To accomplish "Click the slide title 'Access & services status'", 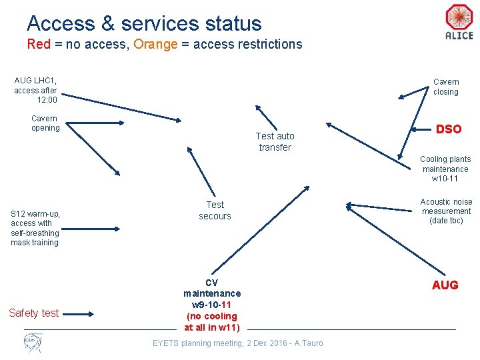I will (x=144, y=23).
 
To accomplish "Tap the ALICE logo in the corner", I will (x=459, y=23).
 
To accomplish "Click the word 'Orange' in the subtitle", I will (x=155, y=45).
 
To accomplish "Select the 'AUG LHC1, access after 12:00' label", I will (x=35, y=90).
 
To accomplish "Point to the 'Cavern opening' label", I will (x=45, y=123).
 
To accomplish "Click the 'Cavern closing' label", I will (x=445, y=87).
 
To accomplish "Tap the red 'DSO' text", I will (x=448, y=129).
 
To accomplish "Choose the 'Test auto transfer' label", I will (x=275, y=141).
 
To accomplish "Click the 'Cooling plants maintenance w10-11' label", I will (x=445, y=169).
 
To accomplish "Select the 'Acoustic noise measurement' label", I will (x=446, y=211).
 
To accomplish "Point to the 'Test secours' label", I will (x=215, y=211).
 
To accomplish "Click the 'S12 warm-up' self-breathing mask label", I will (x=35, y=228).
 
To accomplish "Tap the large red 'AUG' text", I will (x=445, y=285).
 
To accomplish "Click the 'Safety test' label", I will (x=33, y=313).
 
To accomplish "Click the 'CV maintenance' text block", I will (x=212, y=305).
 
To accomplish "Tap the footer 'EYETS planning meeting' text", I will (x=237, y=343).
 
